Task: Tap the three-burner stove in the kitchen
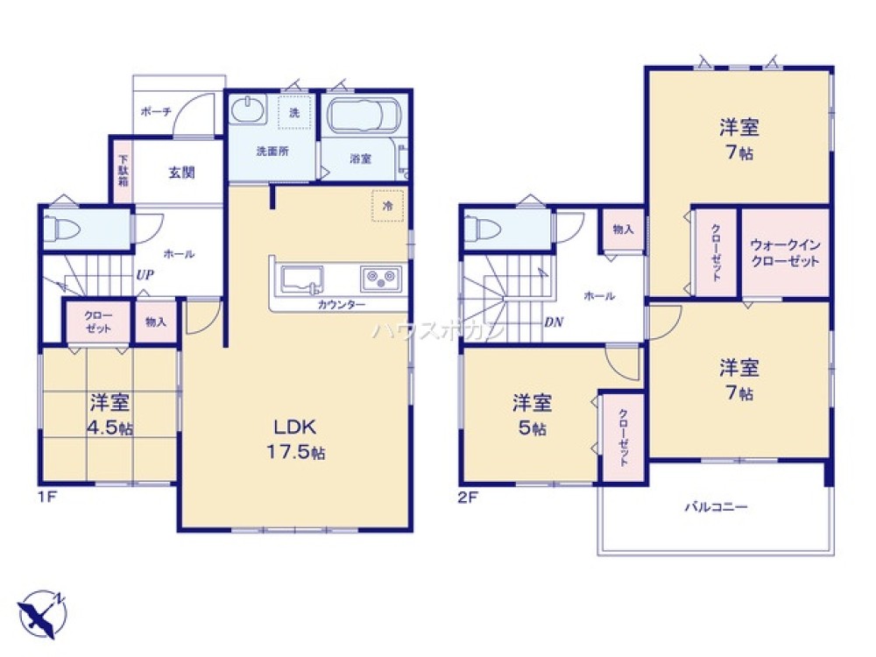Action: click(x=380, y=279)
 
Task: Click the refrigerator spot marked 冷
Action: click(x=388, y=205)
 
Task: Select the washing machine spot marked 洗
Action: click(x=294, y=112)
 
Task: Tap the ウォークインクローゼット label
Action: click(x=785, y=254)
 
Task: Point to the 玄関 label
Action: click(x=181, y=173)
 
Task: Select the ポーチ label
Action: click(x=155, y=112)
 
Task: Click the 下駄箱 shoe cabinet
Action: click(x=124, y=171)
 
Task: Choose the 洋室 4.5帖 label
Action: click(x=109, y=415)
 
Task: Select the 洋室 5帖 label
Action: click(x=532, y=415)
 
